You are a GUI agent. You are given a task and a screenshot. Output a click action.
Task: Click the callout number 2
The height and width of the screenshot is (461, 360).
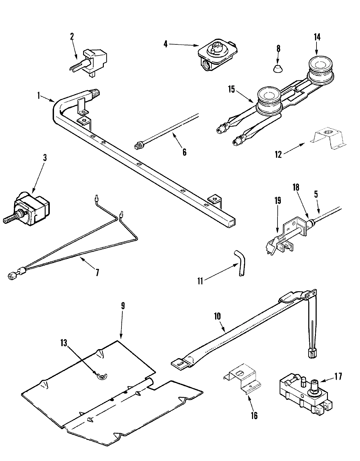72,37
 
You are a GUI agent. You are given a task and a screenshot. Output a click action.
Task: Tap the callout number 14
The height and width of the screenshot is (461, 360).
317,37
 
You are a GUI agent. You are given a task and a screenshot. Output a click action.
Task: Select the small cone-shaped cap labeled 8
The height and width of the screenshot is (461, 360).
278,69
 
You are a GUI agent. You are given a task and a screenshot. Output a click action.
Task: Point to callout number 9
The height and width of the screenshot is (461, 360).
123,307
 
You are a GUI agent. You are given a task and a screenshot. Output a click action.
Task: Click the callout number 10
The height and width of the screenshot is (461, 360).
217,316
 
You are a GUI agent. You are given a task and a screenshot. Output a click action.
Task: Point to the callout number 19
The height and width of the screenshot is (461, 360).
277,201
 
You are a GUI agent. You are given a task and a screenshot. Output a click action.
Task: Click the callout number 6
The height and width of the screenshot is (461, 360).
184,152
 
